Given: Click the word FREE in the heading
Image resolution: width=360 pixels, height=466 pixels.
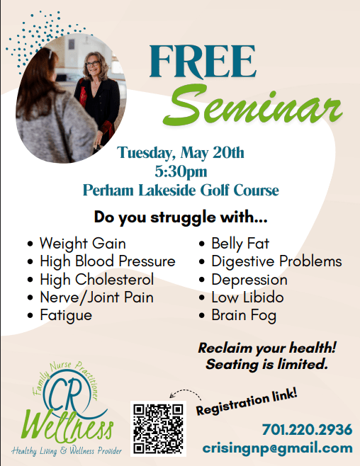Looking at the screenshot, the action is [202, 62].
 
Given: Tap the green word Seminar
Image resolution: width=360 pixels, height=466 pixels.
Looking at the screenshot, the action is [252, 106].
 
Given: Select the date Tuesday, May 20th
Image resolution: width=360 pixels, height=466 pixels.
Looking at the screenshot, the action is [181, 153].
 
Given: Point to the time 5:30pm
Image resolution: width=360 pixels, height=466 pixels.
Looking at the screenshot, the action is [181, 171].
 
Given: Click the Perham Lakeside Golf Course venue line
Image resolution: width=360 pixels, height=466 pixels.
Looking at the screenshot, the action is [181, 191].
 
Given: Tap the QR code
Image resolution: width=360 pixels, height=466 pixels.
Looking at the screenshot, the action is [158, 428].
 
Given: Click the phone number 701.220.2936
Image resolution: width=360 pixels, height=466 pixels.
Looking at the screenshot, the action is [307, 430].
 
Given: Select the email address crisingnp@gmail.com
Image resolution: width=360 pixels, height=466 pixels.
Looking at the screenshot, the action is [277, 448].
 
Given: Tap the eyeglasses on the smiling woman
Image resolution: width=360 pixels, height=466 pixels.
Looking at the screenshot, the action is [92, 64].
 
